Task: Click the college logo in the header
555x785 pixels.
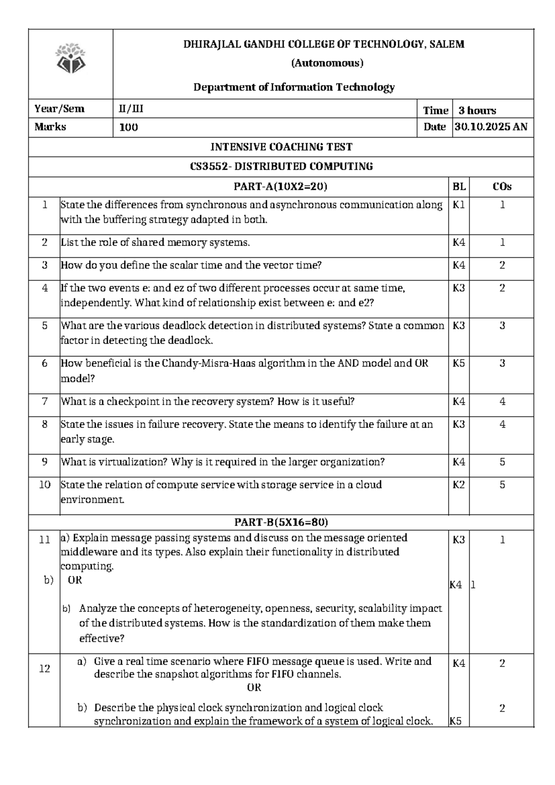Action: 70,59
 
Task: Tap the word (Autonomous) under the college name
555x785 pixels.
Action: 327,63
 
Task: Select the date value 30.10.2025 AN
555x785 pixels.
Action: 491,127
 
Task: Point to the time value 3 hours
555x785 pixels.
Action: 477,111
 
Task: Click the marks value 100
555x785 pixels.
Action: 129,128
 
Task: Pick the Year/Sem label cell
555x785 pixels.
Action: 59,109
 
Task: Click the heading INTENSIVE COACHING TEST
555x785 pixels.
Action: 281,147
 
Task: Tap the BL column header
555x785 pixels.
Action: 459,187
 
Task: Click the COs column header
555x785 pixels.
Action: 502,187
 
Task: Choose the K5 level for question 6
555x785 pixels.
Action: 459,364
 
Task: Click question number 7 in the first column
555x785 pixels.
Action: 44,401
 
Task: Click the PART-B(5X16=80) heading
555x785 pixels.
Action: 281,523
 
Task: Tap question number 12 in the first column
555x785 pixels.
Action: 44,668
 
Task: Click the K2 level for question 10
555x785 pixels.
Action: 459,485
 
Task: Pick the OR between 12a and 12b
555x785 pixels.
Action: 254,688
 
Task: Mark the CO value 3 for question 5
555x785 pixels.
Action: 502,326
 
